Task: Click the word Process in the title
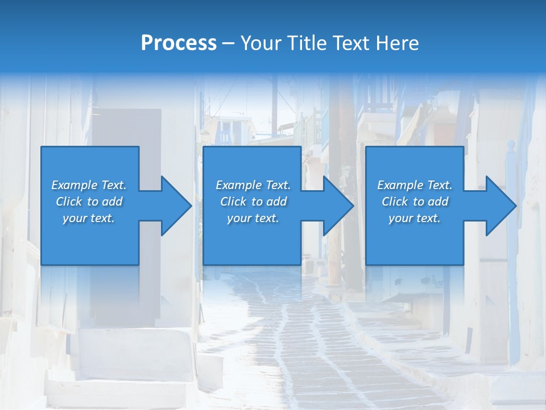point(179,43)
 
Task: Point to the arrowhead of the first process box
point(175,206)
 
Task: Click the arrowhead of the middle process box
point(337,206)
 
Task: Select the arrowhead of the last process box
point(500,206)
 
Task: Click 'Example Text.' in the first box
point(89,185)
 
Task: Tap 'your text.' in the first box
point(89,218)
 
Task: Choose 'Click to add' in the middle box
point(253,202)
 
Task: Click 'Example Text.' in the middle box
point(253,185)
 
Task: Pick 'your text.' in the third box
point(415,218)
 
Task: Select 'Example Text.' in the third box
point(415,185)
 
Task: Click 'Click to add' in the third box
point(415,202)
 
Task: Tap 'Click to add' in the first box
point(89,202)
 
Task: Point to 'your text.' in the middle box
point(253,218)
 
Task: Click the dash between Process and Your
point(229,44)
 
